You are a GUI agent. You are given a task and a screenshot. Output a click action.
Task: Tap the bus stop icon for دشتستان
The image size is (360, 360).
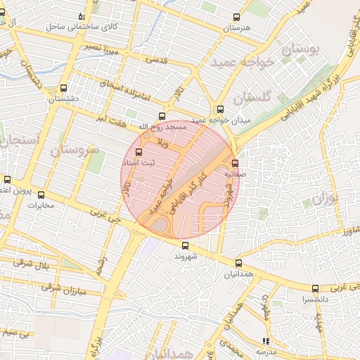[64, 89]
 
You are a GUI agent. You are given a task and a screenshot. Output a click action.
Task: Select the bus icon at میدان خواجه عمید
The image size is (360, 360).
[220, 109]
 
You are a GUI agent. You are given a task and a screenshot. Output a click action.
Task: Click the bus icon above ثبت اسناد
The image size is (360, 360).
[138, 152]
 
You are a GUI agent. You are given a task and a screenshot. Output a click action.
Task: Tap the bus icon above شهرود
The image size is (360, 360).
[185, 245]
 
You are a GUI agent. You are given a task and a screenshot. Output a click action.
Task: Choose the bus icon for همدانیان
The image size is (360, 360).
[238, 263]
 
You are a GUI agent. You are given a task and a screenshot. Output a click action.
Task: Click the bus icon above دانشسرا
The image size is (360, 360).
[314, 288]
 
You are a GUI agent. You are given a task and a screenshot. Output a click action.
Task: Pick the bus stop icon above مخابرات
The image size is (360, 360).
[41, 195]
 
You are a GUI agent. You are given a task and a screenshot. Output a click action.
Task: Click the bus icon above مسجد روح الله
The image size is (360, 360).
[162, 116]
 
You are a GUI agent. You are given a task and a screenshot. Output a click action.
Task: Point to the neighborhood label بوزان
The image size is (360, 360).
[325, 199]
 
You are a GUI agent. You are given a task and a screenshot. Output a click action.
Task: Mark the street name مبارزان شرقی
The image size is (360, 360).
[63, 288]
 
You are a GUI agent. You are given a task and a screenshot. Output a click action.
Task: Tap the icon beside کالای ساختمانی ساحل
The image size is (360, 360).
[82, 16]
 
